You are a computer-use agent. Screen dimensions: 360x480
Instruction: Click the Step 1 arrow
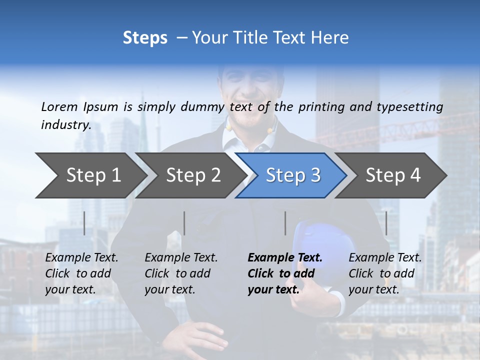90,175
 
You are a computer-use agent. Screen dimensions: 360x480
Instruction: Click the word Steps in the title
145,38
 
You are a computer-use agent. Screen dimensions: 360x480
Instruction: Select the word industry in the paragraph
65,124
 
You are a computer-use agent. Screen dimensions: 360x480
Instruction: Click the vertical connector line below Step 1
84,223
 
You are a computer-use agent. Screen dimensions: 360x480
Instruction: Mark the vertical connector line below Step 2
184,223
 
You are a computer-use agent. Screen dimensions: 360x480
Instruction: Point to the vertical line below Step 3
285,223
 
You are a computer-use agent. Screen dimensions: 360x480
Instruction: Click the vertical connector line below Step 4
386,223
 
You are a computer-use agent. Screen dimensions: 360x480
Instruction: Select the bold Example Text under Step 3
285,258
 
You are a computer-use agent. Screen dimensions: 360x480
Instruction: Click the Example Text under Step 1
81,258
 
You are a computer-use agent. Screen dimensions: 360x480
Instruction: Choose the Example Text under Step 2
181,258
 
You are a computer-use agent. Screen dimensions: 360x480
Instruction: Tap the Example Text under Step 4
385,258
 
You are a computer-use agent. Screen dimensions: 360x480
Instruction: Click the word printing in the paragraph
321,107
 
